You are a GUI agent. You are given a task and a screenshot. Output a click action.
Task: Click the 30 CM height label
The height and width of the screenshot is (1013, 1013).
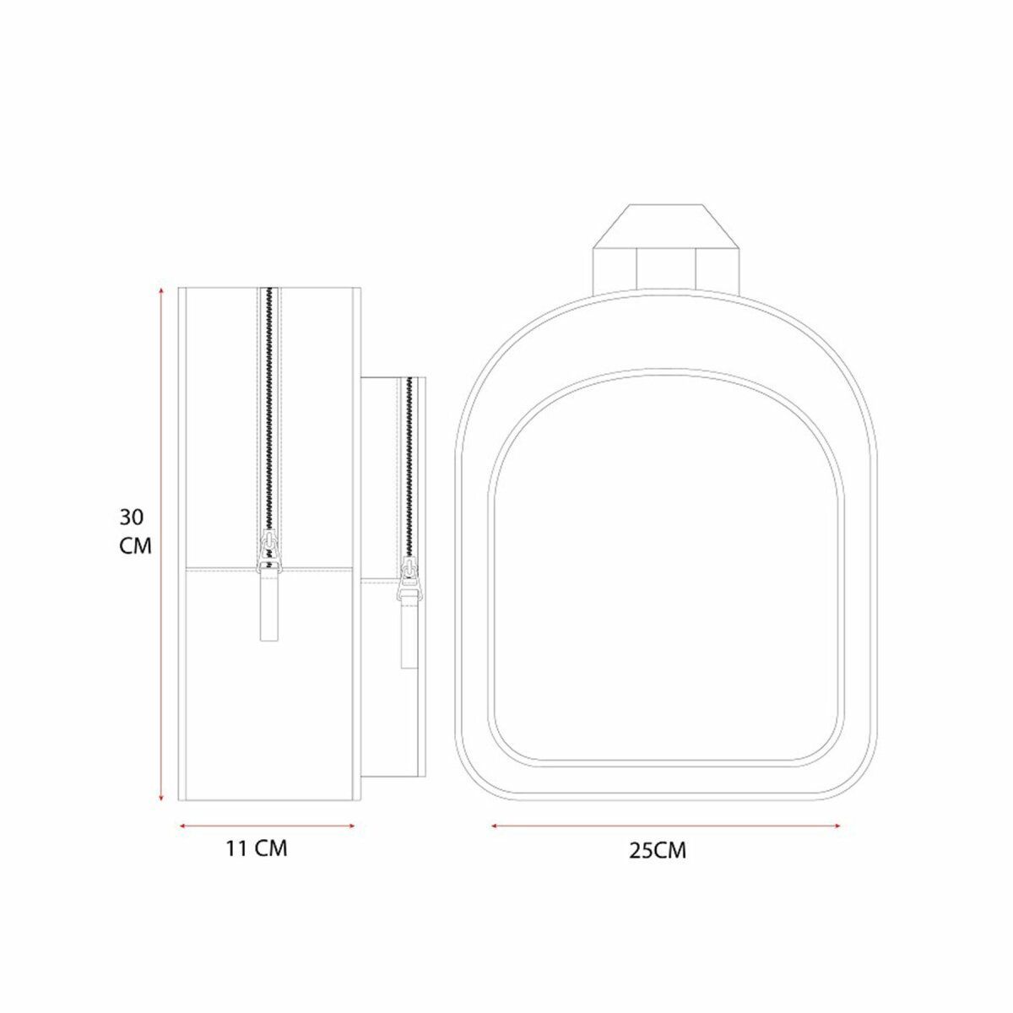136,532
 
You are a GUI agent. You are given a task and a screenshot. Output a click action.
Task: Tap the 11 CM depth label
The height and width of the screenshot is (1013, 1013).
257,864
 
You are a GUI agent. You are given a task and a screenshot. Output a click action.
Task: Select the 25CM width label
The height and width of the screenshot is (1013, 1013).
658,865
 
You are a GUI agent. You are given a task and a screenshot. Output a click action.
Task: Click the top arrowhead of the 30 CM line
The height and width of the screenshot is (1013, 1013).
162,290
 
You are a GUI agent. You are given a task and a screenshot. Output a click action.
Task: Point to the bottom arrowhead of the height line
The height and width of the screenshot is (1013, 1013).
162,799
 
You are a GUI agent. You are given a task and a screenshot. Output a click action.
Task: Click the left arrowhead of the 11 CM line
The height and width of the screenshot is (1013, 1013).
183,826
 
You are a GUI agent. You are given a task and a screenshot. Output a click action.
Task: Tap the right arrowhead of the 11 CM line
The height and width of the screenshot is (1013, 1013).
351,826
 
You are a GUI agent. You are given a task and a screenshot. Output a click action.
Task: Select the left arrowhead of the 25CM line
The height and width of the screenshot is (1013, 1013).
496,826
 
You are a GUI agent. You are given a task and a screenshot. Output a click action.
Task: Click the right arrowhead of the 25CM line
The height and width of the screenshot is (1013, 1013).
836,826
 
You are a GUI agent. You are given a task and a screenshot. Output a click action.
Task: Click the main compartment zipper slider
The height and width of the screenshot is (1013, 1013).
269,551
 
